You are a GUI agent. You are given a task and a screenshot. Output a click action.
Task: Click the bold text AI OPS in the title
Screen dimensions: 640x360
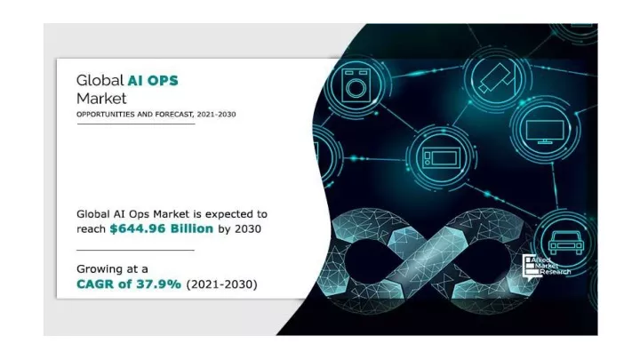point(153,80)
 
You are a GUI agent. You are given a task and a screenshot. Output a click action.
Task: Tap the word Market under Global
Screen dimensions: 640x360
point(101,99)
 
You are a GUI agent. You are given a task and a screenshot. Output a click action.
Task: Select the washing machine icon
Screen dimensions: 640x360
point(356,85)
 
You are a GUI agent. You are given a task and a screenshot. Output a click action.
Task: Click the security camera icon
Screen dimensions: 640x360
point(496,78)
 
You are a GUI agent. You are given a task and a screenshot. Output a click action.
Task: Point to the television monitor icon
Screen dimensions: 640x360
point(545,132)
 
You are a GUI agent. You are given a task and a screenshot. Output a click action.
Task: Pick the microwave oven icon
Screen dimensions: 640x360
point(441,157)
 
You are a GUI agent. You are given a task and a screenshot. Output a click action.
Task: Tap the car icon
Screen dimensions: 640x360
point(566,243)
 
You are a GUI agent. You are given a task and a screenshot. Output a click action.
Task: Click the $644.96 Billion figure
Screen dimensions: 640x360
point(162,228)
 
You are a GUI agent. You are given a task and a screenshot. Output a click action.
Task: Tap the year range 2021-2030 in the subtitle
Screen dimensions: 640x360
point(216,115)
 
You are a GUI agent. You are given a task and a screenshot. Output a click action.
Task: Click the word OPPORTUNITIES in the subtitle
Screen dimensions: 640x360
point(106,115)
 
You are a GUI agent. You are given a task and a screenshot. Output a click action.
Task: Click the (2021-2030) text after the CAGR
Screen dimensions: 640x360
point(221,284)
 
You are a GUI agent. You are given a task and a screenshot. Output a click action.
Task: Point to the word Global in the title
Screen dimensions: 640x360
point(100,80)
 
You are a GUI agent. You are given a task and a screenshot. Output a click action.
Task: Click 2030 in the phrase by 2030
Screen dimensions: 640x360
point(248,228)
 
